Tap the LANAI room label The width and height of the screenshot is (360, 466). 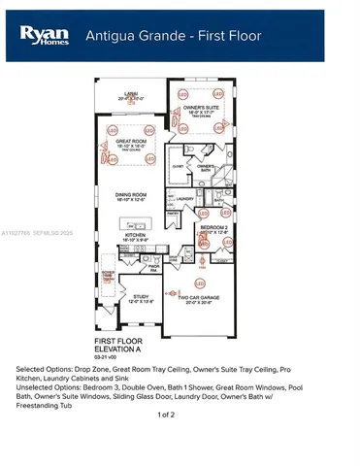(128, 94)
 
